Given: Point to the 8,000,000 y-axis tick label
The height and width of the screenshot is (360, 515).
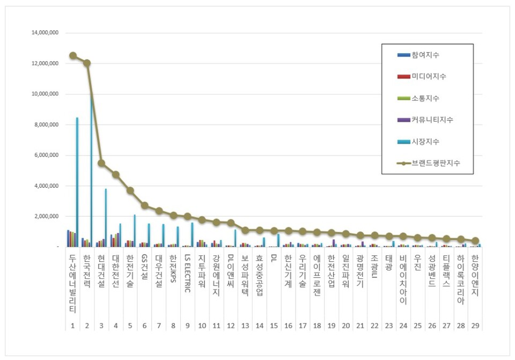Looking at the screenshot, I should [x=46, y=125].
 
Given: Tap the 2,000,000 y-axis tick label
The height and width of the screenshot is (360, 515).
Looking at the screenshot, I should [x=46, y=217].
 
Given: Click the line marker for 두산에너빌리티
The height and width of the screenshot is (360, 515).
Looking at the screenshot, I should [x=72, y=56].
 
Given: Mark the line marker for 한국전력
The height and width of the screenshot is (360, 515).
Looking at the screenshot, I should [x=87, y=63].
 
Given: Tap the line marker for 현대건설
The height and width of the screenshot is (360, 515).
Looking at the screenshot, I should [x=101, y=163].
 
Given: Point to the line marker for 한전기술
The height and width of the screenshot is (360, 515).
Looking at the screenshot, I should [x=130, y=190].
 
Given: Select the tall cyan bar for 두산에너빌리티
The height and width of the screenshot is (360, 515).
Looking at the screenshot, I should [x=77, y=182].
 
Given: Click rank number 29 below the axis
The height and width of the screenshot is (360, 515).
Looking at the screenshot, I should [x=475, y=326].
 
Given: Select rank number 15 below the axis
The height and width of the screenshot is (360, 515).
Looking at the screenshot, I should [x=274, y=326].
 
